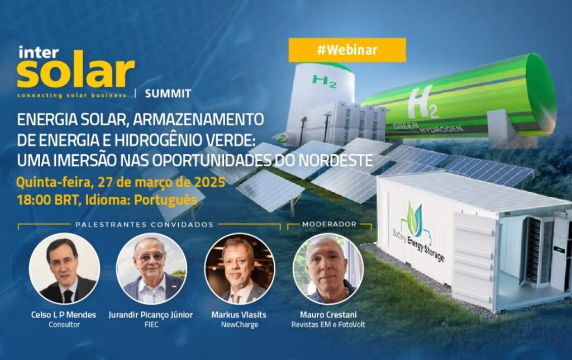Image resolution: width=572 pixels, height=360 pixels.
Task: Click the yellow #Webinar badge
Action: click(347, 50)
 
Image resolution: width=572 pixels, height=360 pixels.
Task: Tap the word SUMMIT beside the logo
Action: click(168, 94)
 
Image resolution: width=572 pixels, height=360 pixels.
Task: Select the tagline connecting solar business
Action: click(71, 96)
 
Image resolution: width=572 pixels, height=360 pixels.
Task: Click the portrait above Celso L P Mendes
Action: click(64, 268)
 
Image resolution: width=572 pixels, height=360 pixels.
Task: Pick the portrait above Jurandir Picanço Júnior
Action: click(151, 268)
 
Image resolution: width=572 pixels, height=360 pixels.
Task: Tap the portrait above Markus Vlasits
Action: click(239, 268)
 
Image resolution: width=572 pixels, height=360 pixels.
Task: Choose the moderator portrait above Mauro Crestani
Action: click(328, 268)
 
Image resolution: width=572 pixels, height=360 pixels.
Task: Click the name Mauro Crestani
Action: click(328, 315)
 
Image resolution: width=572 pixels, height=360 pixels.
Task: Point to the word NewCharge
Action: click(239, 325)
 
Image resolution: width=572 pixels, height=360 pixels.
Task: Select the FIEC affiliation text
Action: click(151, 325)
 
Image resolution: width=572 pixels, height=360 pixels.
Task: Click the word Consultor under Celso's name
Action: click(64, 325)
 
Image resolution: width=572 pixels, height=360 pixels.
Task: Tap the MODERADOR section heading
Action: click(329, 224)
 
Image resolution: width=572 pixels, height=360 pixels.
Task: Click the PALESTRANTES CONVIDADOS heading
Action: click(145, 225)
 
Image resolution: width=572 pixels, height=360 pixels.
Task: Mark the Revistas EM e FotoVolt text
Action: click(328, 325)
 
